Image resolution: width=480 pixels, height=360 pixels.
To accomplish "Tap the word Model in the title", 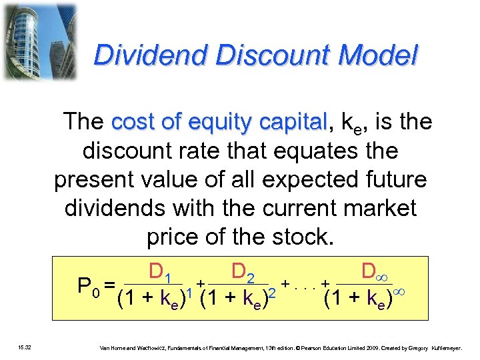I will point(381,55).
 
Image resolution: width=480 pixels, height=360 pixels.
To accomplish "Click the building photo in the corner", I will point(39,41).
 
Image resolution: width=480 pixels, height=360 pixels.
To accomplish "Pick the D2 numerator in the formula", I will point(243,272).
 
